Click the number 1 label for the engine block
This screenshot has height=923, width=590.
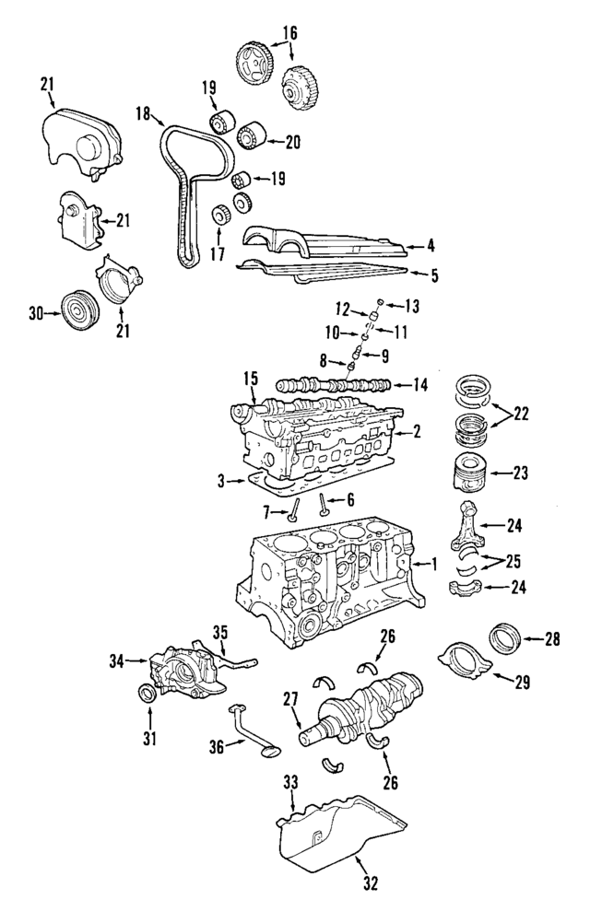click(431, 562)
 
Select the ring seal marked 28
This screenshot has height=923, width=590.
click(503, 637)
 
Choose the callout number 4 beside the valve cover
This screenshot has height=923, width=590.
click(431, 246)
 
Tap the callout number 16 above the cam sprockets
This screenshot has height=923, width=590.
click(289, 32)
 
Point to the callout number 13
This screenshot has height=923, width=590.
click(412, 305)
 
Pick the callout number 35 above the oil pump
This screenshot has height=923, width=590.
click(220, 633)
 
